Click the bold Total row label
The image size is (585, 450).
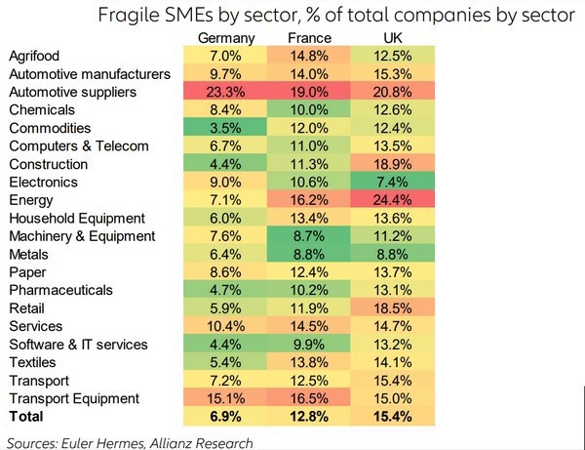coord(26,417)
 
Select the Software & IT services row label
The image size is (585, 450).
coord(77,345)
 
